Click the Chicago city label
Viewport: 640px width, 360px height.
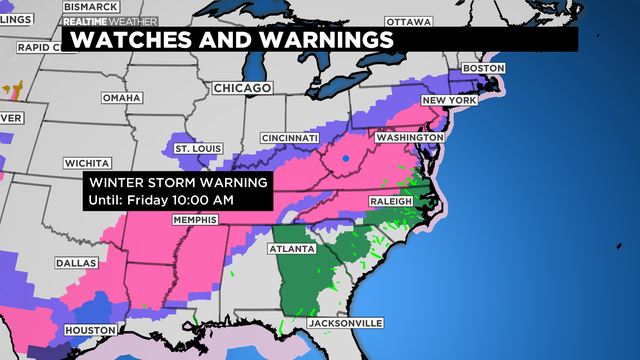(242, 89)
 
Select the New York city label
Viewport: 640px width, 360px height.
(447, 101)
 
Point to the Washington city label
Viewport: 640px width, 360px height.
(408, 136)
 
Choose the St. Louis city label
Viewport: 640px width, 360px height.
(196, 149)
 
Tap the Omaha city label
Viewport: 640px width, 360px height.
(122, 97)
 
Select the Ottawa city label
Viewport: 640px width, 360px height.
(408, 21)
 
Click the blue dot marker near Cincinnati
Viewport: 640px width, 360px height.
(345, 159)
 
